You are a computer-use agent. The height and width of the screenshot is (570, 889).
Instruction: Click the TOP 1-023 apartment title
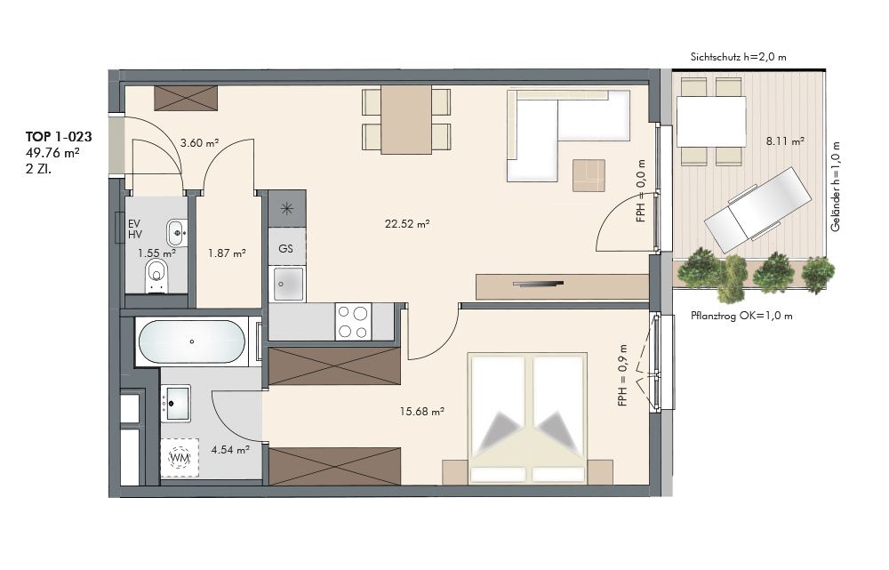pyautogui.click(x=59, y=137)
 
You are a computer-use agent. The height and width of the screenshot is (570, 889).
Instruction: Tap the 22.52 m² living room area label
pyautogui.click(x=407, y=224)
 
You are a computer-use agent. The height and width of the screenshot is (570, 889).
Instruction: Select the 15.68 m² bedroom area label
pyautogui.click(x=421, y=411)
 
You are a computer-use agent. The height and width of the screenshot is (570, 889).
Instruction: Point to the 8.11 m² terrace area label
pyautogui.click(x=785, y=141)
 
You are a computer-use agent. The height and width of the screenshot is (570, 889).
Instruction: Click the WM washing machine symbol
pyautogui.click(x=180, y=457)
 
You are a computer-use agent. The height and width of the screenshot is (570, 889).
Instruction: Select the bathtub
pyautogui.click(x=192, y=341)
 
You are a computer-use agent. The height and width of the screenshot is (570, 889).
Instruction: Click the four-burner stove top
pyautogui.click(x=353, y=322)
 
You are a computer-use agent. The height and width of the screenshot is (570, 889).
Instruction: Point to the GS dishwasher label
pyautogui.click(x=285, y=248)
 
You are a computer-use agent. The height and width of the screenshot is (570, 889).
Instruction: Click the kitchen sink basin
pyautogui.click(x=289, y=284)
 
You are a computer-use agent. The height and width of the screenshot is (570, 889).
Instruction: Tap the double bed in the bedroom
pyautogui.click(x=527, y=419)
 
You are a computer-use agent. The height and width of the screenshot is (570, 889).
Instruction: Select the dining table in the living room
pyautogui.click(x=406, y=120)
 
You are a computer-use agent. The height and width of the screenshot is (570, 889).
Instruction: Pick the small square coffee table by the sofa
pyautogui.click(x=589, y=175)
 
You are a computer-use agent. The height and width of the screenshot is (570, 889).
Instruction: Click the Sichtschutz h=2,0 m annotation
pyautogui.click(x=738, y=57)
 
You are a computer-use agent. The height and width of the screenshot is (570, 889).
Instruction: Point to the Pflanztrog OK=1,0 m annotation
pyautogui.click(x=741, y=316)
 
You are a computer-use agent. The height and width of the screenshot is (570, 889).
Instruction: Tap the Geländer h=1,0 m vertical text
pyautogui.click(x=835, y=187)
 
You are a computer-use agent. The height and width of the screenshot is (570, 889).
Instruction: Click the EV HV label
pyautogui.click(x=135, y=229)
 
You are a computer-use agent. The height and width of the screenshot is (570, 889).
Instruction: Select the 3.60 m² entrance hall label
pyautogui.click(x=199, y=143)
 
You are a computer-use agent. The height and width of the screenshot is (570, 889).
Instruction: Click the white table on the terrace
pyautogui.click(x=711, y=121)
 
